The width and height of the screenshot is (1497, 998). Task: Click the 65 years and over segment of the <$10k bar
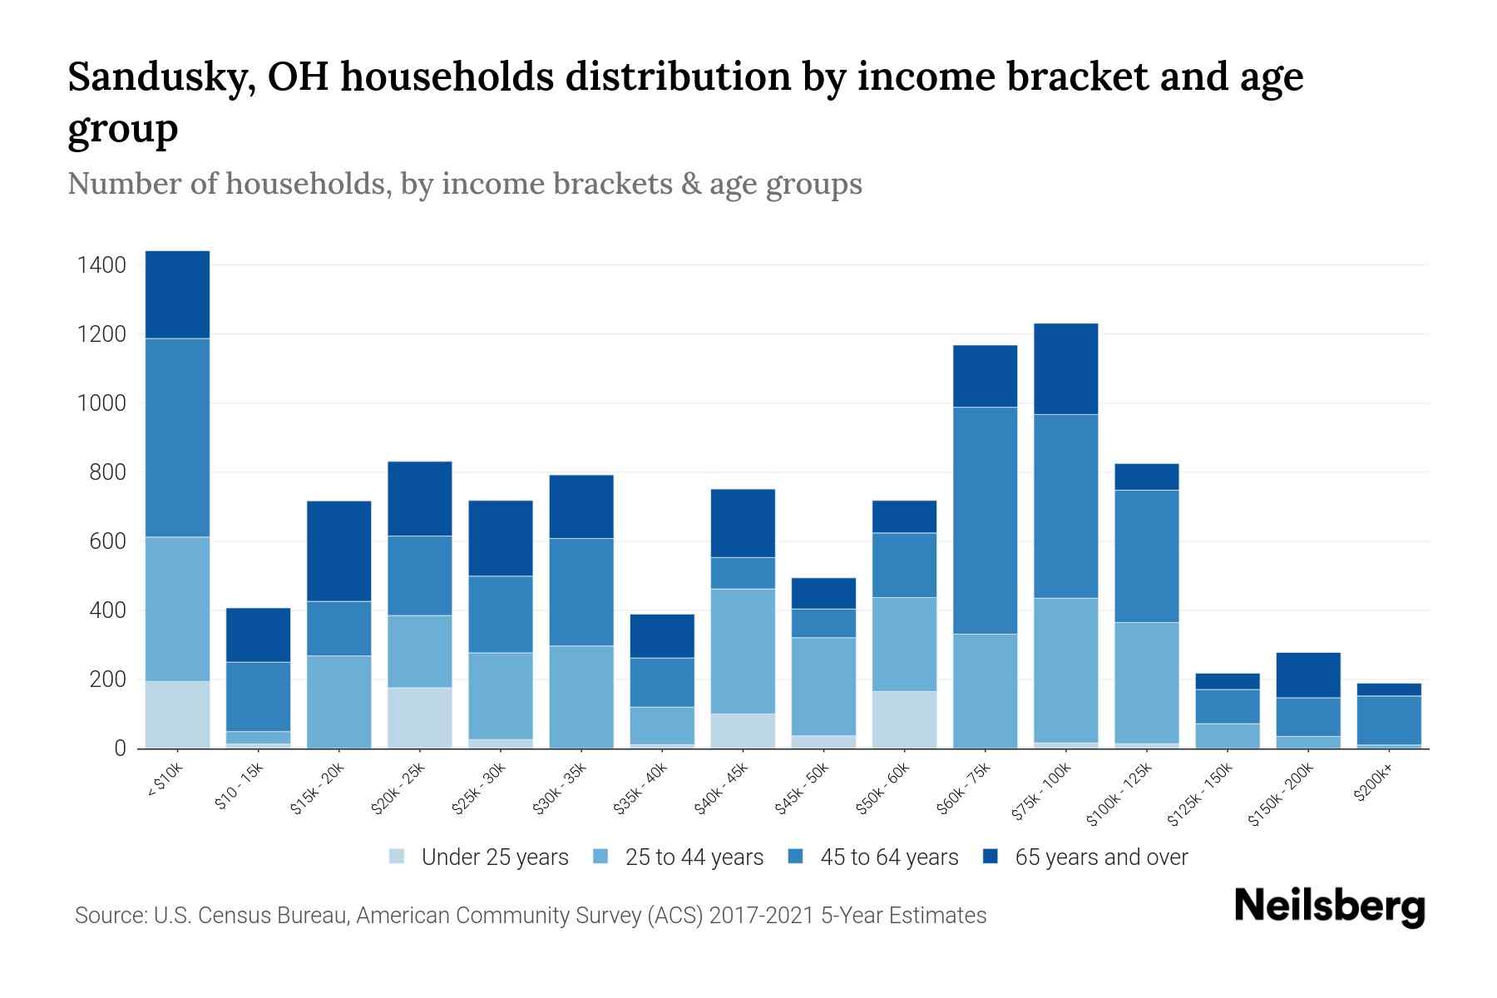tap(177, 294)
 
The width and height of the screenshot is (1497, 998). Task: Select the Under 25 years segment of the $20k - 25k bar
tap(420, 718)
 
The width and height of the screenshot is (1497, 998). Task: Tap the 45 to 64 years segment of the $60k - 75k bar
tap(985, 521)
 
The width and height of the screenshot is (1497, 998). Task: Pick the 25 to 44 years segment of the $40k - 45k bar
tap(743, 651)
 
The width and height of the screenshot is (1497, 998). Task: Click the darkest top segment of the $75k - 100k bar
tap(1065, 368)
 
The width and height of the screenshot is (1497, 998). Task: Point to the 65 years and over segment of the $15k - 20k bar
tap(338, 551)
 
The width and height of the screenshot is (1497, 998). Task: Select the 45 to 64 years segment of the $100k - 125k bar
tap(1146, 556)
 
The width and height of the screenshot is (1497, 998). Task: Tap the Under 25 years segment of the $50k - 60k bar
tap(904, 719)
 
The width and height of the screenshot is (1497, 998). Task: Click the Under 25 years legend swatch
tap(397, 857)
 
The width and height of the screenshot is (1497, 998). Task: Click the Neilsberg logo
tap(1329, 907)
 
